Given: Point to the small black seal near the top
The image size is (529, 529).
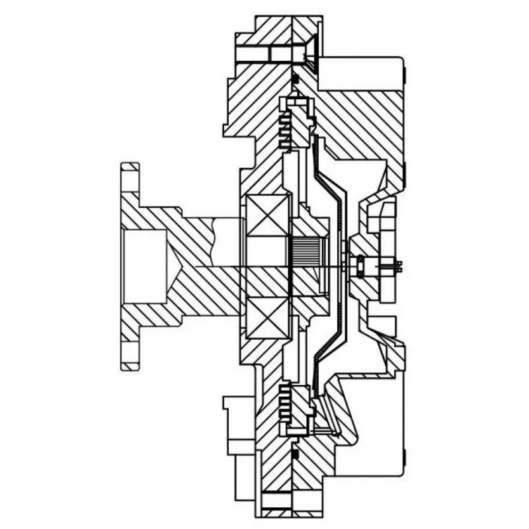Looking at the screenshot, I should [296, 79].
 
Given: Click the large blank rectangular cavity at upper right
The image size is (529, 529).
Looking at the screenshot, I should [360, 73].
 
